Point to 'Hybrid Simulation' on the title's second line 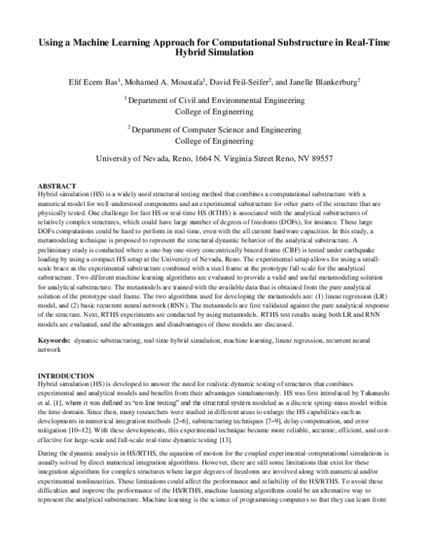(214, 53)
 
